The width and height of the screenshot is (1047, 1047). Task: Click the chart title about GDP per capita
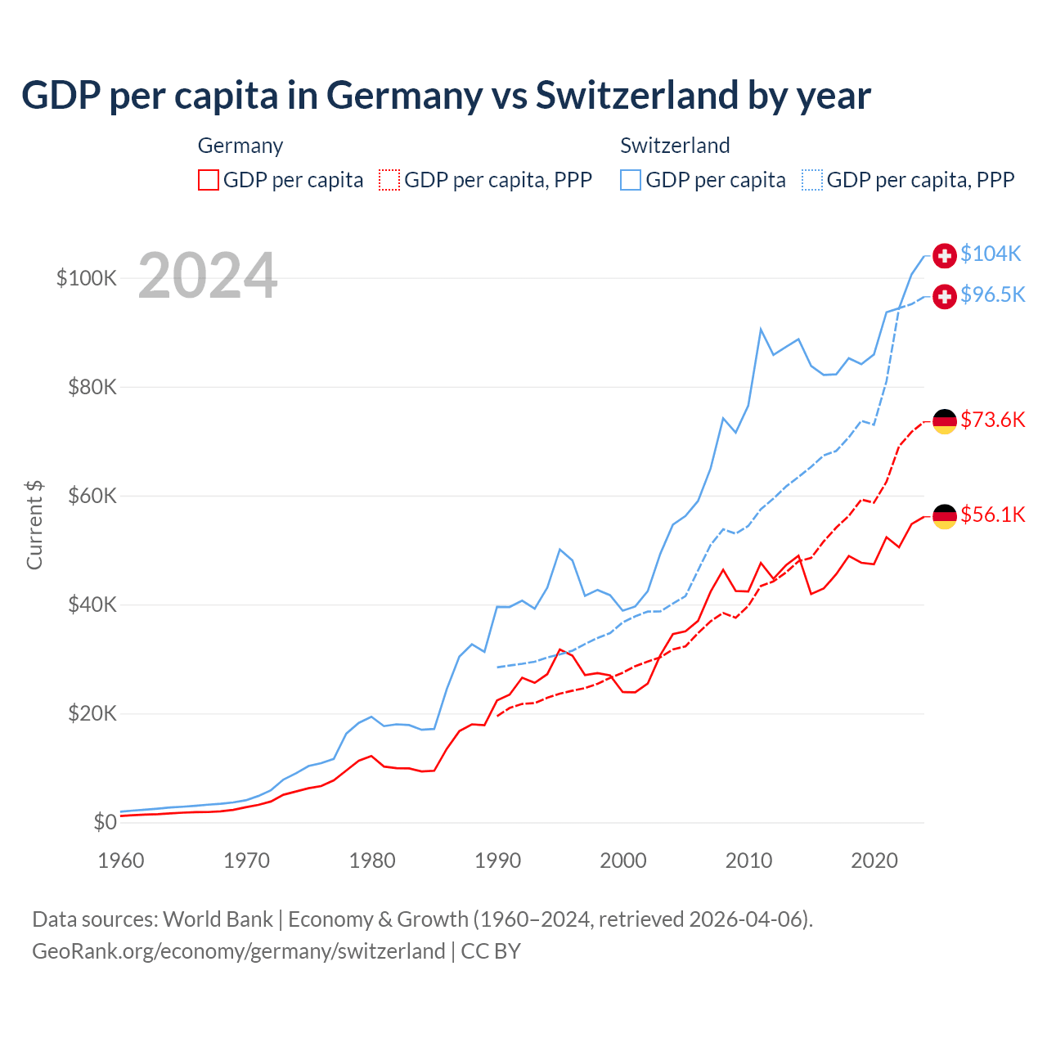click(446, 96)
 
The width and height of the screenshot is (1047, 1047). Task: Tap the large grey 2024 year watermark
click(208, 276)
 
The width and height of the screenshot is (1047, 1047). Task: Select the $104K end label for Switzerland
click(991, 254)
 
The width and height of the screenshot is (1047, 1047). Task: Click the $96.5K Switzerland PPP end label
click(992, 295)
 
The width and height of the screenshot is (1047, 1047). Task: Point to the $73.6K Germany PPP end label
click(992, 420)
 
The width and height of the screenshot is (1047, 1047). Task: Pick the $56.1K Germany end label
click(992, 515)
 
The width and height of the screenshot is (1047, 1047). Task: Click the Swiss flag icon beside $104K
click(945, 255)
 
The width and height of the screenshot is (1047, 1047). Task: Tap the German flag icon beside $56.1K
click(945, 516)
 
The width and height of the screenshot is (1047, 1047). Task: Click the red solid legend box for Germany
click(209, 180)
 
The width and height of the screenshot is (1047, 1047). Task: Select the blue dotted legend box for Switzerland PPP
click(812, 180)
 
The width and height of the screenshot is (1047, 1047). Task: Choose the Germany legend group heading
click(240, 146)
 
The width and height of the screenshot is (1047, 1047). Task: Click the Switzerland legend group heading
click(675, 146)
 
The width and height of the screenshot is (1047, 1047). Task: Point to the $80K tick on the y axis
click(92, 387)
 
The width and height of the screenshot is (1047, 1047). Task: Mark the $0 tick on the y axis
click(105, 822)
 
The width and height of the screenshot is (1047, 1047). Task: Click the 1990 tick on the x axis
click(497, 861)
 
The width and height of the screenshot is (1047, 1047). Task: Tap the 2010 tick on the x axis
click(748, 861)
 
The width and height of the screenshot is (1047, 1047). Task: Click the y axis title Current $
click(34, 524)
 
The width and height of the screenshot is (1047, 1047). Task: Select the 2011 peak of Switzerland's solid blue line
click(761, 330)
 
